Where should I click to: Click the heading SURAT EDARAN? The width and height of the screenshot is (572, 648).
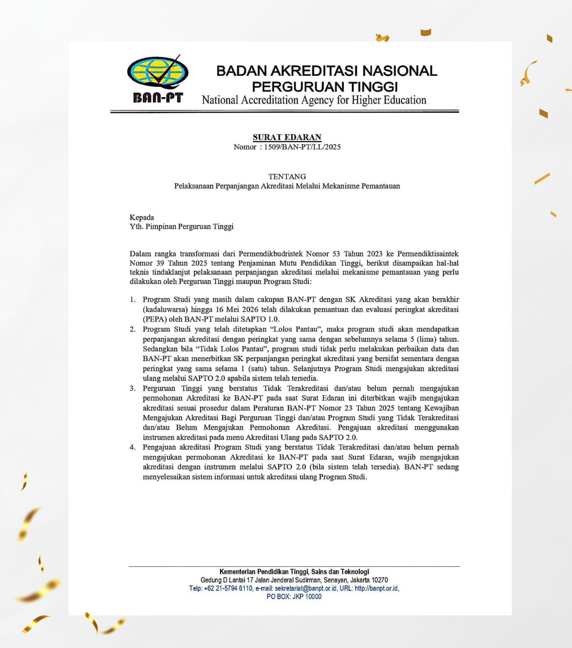click(287, 137)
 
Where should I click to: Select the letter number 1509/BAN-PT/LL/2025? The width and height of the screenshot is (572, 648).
click(302, 147)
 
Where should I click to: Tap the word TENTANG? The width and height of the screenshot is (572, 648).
click(287, 177)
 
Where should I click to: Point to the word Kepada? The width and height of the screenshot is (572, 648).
click(142, 217)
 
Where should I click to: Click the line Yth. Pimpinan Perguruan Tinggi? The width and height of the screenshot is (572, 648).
click(181, 226)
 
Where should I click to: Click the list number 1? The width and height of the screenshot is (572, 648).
click(132, 300)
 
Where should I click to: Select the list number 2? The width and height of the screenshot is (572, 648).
click(132, 329)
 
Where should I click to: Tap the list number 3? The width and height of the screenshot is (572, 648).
click(132, 388)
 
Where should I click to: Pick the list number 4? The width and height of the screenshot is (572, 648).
click(132, 447)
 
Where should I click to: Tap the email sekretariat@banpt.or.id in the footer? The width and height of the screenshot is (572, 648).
click(306, 589)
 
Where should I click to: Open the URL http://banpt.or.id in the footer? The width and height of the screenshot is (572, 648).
click(376, 589)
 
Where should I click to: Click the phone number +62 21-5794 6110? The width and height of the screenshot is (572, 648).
click(228, 589)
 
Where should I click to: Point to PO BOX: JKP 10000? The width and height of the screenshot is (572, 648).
click(294, 597)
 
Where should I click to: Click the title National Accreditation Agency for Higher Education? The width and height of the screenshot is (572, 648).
click(314, 100)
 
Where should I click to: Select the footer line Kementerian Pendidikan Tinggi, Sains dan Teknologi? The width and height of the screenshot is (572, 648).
click(294, 572)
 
